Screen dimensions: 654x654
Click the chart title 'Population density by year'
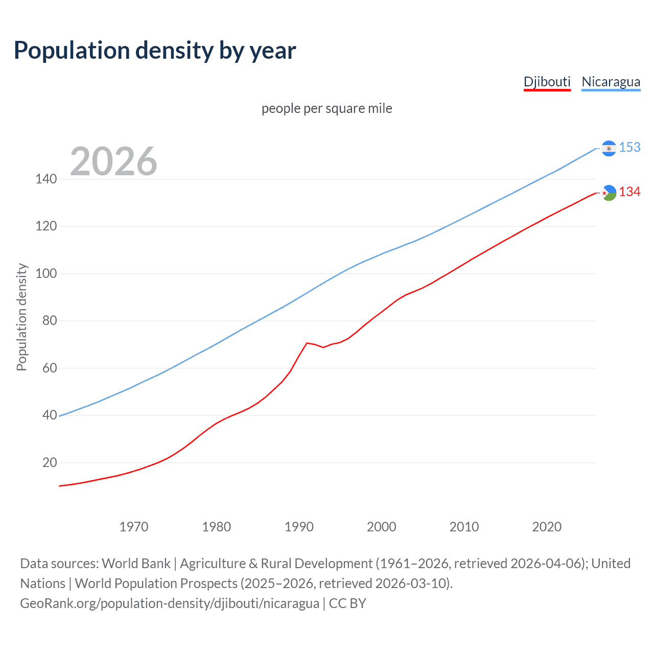(x=155, y=51)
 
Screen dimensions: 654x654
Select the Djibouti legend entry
(x=547, y=82)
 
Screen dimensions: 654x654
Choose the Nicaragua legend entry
(x=611, y=82)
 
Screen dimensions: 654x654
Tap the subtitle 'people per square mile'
(x=326, y=108)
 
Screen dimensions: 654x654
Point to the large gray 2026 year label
(x=113, y=161)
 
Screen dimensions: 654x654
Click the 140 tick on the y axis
(x=46, y=179)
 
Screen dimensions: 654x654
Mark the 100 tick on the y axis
(x=46, y=273)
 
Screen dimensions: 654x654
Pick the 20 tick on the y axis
(x=50, y=462)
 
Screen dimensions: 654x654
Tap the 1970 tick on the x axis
(x=134, y=527)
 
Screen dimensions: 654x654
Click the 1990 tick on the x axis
(x=299, y=527)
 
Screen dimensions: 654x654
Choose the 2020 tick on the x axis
(x=547, y=527)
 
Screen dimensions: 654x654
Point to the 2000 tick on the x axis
(x=382, y=527)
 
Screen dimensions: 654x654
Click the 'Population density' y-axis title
(x=21, y=317)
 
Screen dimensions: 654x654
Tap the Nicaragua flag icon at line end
(x=609, y=148)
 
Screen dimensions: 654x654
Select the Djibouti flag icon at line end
(x=609, y=193)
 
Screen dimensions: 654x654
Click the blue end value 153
(x=629, y=147)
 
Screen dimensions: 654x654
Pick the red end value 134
(x=629, y=192)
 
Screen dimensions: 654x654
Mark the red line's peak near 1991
(x=307, y=343)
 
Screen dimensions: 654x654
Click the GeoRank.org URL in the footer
(x=170, y=603)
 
